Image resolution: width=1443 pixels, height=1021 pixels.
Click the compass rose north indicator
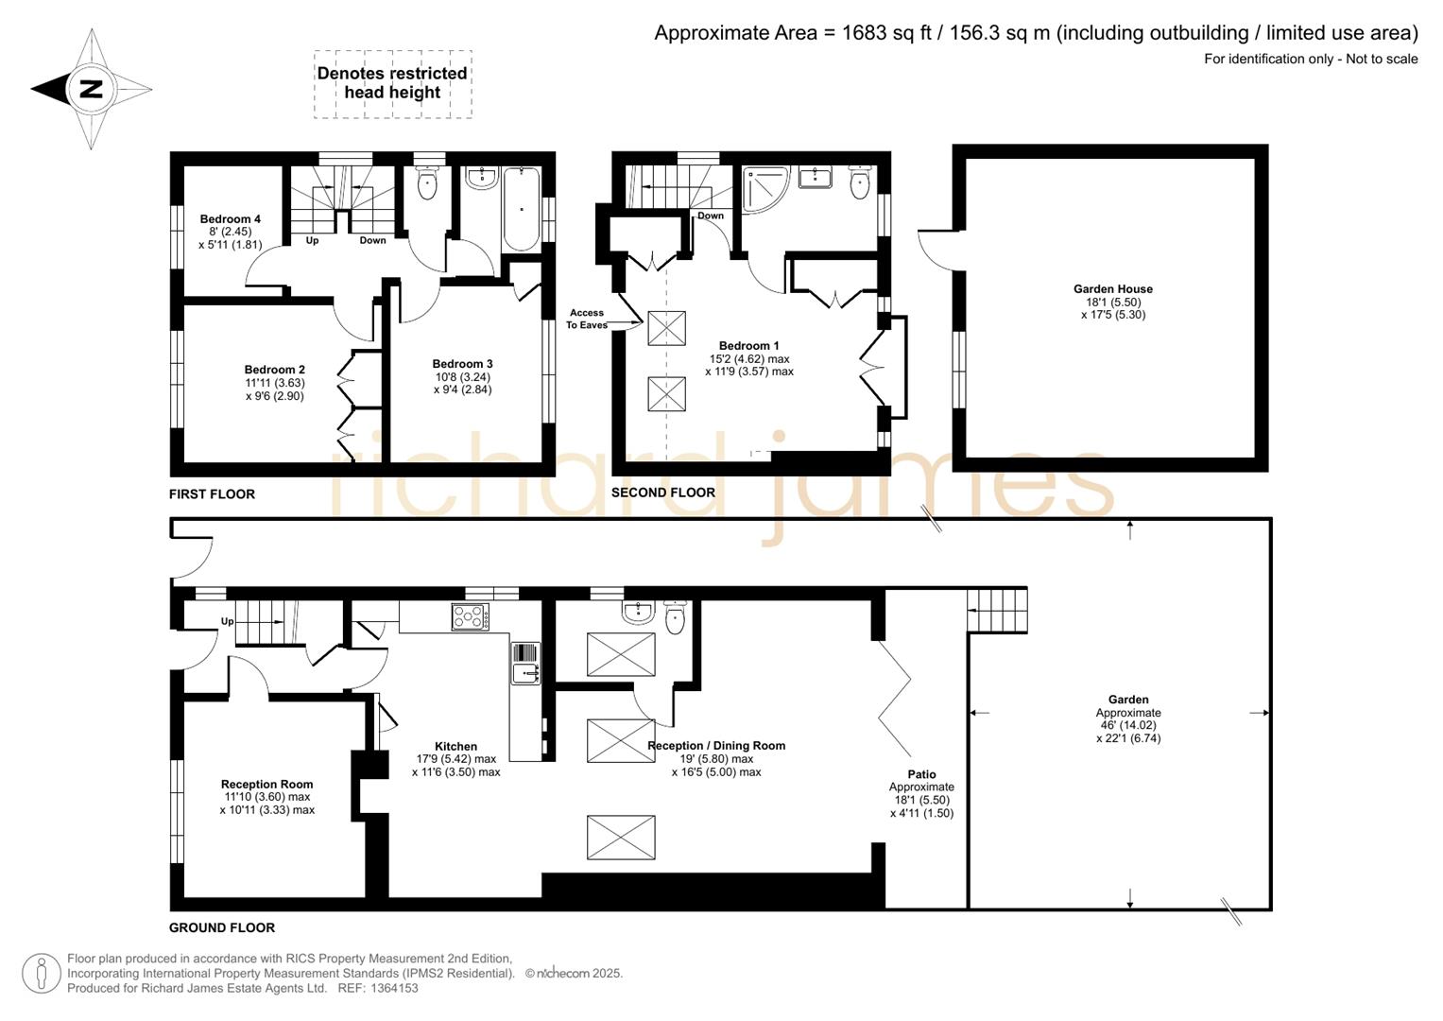tap(91, 89)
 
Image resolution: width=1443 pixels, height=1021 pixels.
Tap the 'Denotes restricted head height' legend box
tap(392, 83)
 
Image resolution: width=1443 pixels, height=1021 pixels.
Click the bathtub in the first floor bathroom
tap(521, 209)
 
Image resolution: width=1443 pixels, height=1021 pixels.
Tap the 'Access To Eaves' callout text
tap(586, 319)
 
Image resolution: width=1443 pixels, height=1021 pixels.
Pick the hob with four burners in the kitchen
tap(471, 616)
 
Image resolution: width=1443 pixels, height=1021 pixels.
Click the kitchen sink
tap(524, 672)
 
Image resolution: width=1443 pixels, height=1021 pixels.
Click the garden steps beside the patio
tap(997, 610)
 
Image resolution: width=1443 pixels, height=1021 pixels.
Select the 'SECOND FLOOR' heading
tap(662, 493)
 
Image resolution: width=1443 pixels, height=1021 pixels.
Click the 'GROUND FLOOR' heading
tap(222, 927)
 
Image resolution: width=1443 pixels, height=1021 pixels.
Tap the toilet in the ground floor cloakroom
tap(676, 617)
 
